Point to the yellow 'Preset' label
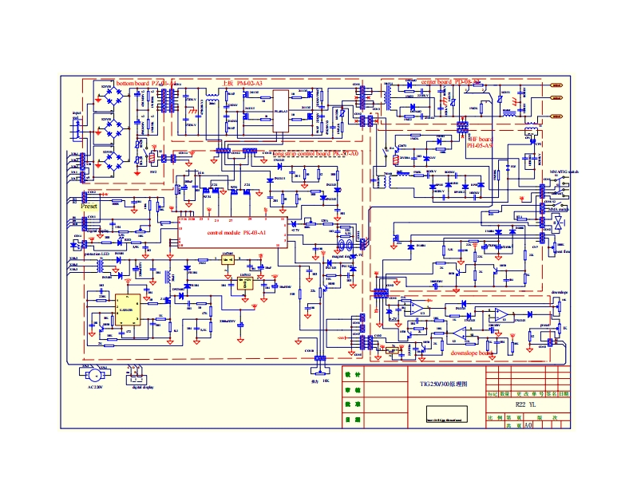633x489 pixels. (89, 206)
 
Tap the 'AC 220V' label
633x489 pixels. (94, 388)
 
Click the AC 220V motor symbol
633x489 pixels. (94, 373)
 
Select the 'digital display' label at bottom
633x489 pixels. (143, 388)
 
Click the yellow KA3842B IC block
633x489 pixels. (125, 310)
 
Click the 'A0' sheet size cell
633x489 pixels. (528, 426)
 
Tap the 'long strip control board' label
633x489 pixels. (316, 153)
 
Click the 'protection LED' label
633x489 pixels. (97, 254)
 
